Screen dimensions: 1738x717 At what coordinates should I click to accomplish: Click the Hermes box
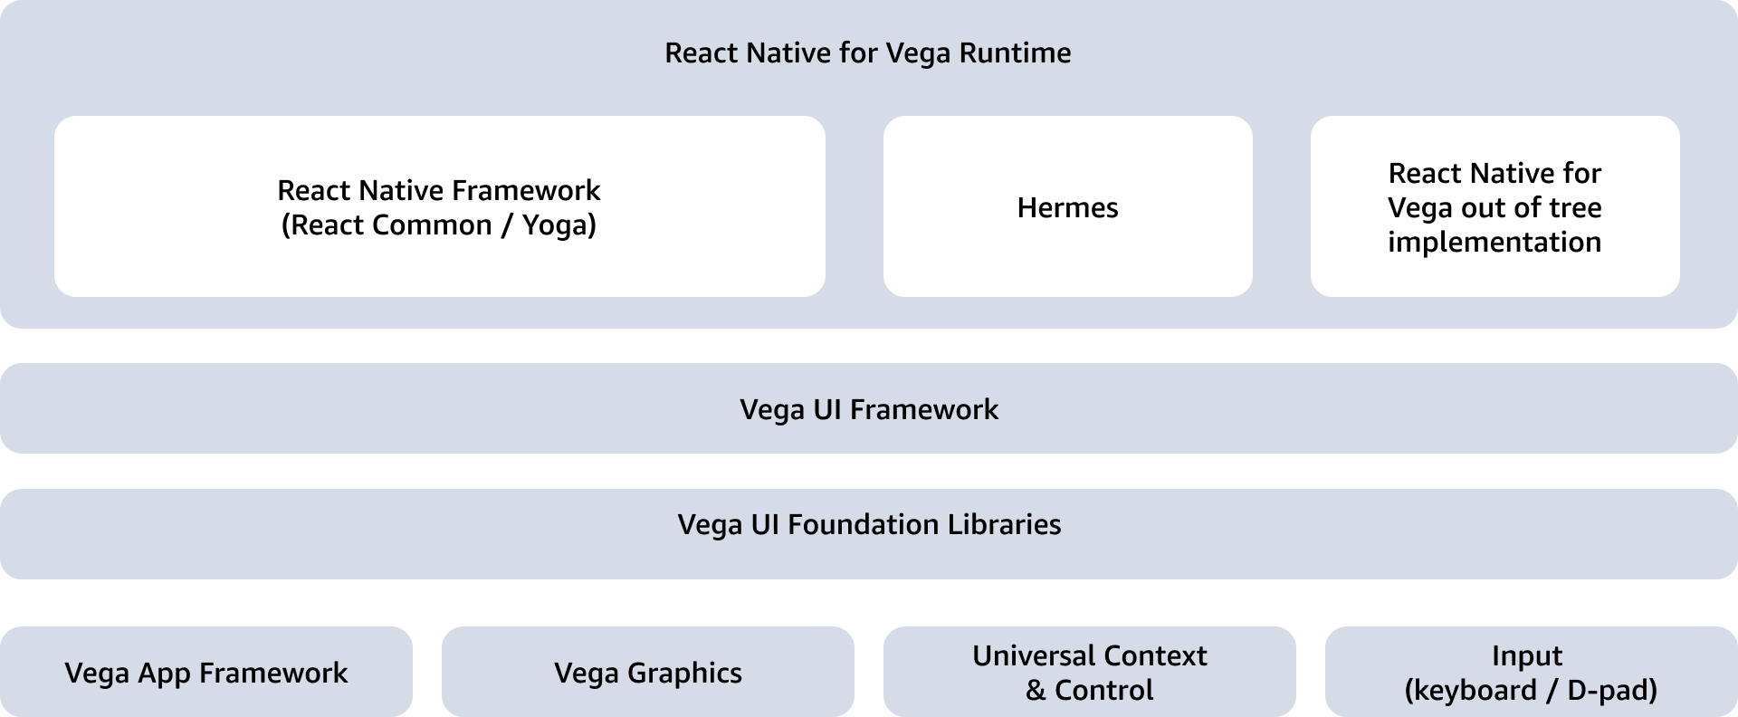click(x=1067, y=207)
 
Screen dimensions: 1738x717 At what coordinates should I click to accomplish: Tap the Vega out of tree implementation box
click(x=1494, y=207)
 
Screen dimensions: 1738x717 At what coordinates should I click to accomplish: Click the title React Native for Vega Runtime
click(x=867, y=53)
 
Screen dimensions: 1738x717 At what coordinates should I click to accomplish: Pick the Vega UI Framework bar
click(x=868, y=409)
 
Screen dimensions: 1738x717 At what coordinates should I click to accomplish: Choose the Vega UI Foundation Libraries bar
click(x=868, y=525)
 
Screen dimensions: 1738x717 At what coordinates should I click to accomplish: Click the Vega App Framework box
click(x=206, y=673)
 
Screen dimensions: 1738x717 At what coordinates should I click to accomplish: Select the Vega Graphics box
click(x=647, y=673)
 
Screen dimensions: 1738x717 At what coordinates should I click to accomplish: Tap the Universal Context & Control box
click(x=1089, y=673)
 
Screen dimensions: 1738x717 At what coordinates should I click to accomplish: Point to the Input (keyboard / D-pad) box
click(x=1531, y=673)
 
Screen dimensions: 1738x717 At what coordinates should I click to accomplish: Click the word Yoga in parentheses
click(x=553, y=225)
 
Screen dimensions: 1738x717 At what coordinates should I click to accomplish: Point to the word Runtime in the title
click(x=1015, y=53)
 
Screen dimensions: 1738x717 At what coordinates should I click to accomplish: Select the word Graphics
click(x=684, y=674)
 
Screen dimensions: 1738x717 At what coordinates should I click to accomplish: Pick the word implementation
click(x=1494, y=243)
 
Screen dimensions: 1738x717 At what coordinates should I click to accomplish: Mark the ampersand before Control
click(x=1036, y=691)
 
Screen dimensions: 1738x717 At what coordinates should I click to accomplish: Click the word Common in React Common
click(x=433, y=225)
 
